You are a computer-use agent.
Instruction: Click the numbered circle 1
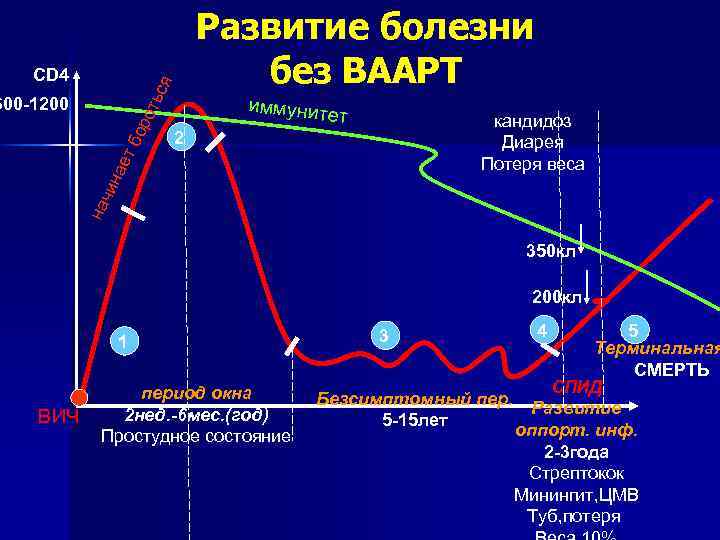121,343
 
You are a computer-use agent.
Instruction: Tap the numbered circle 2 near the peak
178,137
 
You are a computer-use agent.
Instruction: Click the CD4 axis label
51,76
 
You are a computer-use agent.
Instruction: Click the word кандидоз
533,121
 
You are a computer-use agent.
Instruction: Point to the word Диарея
533,142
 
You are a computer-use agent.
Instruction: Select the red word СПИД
577,387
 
